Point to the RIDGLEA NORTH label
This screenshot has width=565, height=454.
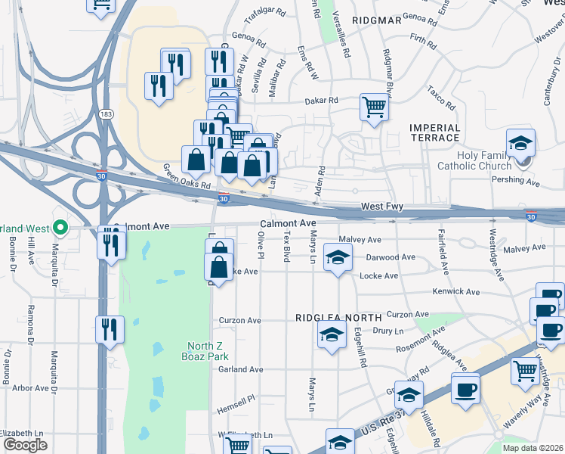point(330,318)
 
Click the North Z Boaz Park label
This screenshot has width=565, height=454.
point(206,352)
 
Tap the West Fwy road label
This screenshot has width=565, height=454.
point(382,206)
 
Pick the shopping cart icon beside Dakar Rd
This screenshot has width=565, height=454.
point(374,107)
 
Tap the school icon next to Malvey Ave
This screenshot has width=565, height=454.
point(338,257)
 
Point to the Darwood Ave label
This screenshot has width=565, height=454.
point(391,257)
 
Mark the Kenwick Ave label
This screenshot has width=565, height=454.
point(456,291)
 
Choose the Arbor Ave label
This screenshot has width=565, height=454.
point(31,388)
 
